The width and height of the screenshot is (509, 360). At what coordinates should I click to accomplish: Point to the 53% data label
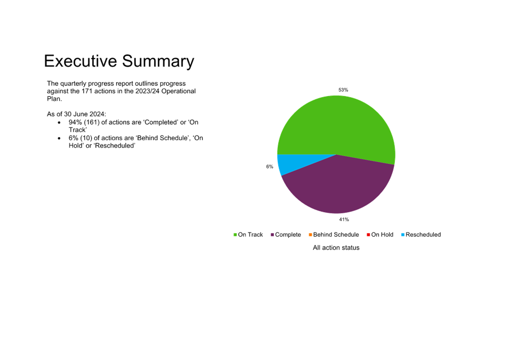(343, 90)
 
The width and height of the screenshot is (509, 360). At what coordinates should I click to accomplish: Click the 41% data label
(344, 220)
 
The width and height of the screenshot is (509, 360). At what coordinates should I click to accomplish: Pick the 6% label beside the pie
(270, 167)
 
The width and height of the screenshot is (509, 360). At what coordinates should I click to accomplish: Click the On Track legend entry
(248, 235)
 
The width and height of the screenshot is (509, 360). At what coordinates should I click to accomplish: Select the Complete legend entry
(286, 235)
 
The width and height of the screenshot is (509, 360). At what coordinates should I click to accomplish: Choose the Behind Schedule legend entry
(334, 235)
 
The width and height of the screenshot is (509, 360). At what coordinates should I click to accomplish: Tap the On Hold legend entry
(380, 235)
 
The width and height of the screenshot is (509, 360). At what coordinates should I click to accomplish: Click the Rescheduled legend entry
(421, 235)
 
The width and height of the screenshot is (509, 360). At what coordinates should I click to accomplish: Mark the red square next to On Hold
(368, 235)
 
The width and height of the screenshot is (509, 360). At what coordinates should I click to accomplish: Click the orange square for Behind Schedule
(310, 235)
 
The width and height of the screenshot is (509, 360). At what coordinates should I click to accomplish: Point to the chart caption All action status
(336, 247)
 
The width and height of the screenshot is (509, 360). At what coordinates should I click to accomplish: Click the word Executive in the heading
(80, 61)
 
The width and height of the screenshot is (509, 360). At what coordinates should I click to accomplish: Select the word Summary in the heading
(158, 62)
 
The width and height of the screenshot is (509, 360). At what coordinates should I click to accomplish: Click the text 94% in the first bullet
(75, 123)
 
